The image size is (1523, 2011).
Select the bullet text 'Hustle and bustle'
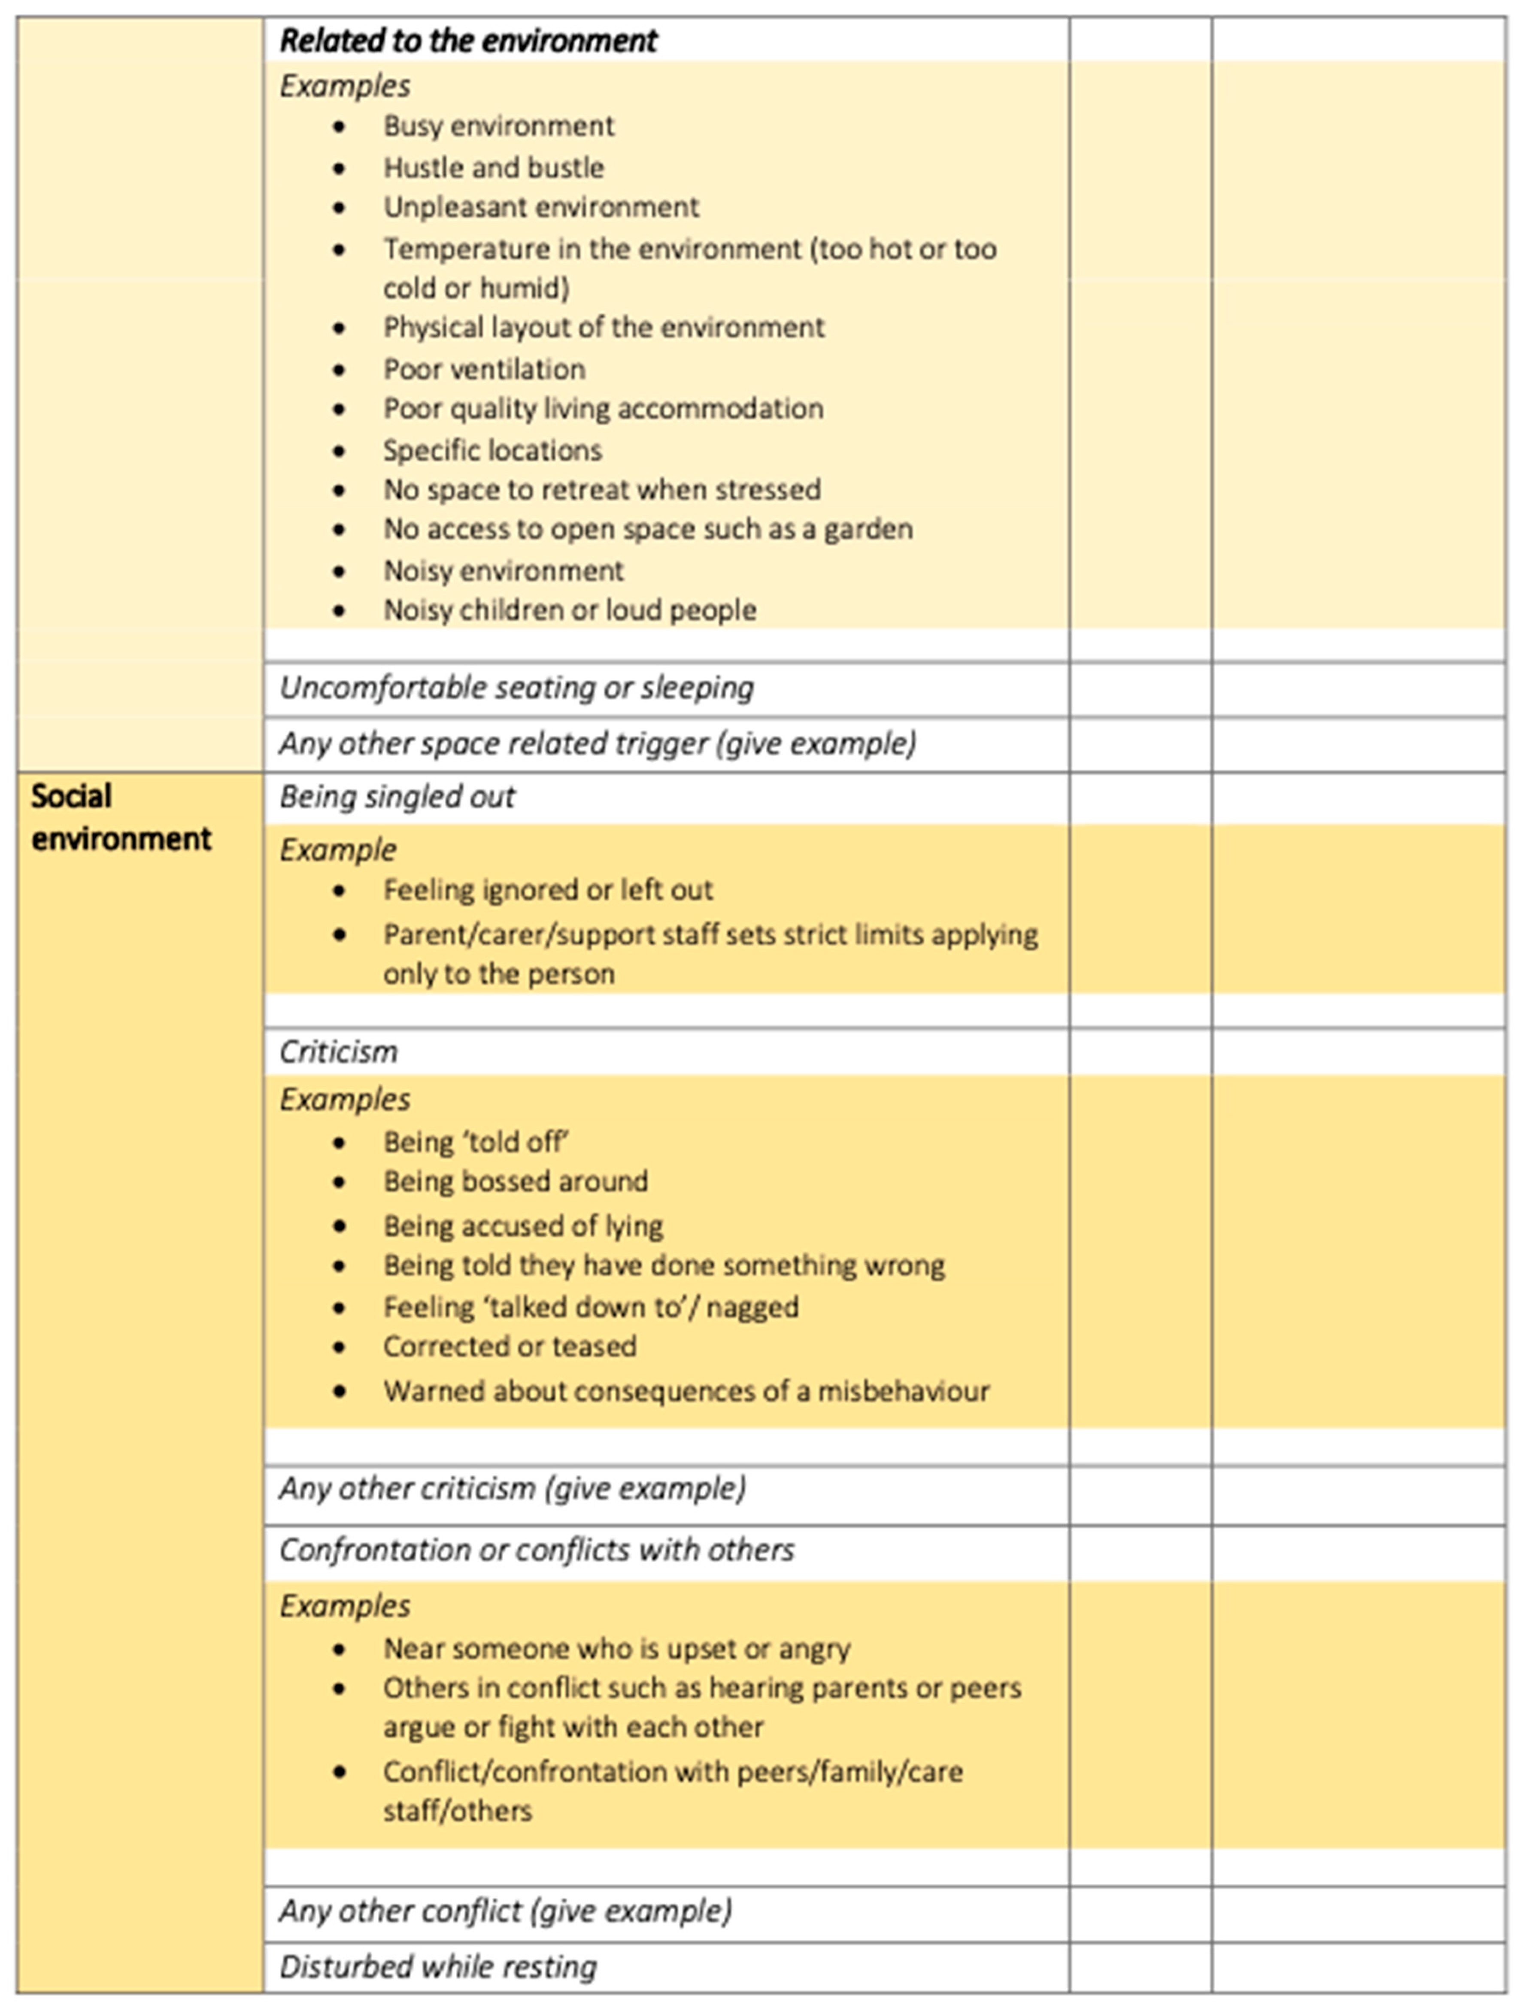click(x=493, y=167)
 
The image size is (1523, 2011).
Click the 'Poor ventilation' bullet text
click(x=484, y=369)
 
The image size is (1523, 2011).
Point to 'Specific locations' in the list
click(x=492, y=450)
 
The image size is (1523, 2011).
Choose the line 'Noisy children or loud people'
click(x=569, y=610)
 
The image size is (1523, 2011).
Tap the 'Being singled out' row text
click(x=397, y=797)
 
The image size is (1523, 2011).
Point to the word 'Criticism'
click(x=338, y=1052)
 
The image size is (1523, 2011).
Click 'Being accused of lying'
click(x=523, y=1225)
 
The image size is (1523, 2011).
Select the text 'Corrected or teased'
click(x=509, y=1347)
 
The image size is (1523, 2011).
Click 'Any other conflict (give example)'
click(x=505, y=1911)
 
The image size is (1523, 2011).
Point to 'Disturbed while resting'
click(x=437, y=1966)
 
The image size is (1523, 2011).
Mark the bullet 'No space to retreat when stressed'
click(x=601, y=490)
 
